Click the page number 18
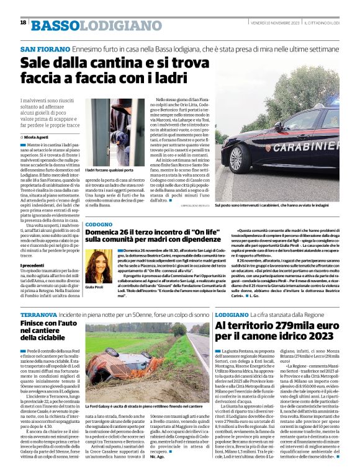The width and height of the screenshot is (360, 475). [x=23, y=23]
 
